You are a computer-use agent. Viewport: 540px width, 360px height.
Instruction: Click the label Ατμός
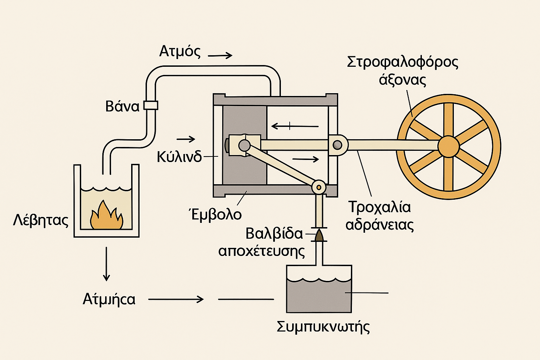(180, 51)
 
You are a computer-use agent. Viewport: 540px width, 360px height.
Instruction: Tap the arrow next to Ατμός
(220, 55)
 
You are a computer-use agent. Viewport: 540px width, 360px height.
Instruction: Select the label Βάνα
(122, 106)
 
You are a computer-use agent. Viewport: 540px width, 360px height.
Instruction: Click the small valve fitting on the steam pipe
(151, 105)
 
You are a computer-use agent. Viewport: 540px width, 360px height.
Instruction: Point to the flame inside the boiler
(107, 216)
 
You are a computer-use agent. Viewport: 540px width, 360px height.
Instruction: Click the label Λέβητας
(41, 220)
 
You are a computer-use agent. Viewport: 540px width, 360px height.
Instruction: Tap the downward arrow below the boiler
(106, 264)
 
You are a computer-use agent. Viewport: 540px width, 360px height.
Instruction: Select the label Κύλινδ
(179, 156)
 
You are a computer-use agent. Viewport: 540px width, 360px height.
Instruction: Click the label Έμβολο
(215, 214)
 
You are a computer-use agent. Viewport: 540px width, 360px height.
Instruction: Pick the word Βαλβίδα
(274, 233)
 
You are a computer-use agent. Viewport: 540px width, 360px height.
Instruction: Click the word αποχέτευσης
(262, 251)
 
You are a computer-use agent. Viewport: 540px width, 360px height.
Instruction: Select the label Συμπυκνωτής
(323, 327)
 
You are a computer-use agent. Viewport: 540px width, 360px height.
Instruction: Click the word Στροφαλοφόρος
(403, 62)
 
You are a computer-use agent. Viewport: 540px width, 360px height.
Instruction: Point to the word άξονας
(403, 80)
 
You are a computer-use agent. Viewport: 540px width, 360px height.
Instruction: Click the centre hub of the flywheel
(449, 146)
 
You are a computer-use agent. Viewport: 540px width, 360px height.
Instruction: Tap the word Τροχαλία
(380, 207)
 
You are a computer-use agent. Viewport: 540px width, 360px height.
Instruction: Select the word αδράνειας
(380, 225)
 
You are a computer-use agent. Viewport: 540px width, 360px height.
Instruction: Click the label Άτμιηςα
(109, 299)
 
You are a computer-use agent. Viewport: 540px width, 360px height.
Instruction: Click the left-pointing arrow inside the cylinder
(295, 126)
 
